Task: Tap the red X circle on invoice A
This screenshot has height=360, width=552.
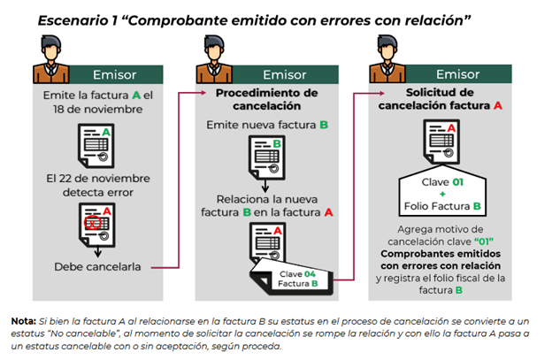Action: click(x=93, y=223)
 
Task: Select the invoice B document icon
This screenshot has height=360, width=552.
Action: click(x=267, y=157)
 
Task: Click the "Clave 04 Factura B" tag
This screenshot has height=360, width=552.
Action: click(x=292, y=277)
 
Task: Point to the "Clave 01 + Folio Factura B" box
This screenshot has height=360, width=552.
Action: click(x=442, y=191)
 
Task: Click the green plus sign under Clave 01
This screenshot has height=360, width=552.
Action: click(x=442, y=194)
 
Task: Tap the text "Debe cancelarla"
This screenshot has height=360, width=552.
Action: click(x=97, y=267)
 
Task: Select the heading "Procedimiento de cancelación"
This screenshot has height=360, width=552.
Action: click(x=267, y=99)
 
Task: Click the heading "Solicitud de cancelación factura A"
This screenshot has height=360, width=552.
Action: click(x=440, y=99)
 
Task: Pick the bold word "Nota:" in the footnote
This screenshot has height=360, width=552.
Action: click(x=24, y=321)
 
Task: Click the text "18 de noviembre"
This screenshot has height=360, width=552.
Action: click(x=97, y=110)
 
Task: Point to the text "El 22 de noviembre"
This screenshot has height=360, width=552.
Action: click(x=98, y=179)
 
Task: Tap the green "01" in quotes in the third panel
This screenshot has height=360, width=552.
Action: click(x=484, y=241)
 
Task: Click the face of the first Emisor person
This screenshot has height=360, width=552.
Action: click(x=51, y=53)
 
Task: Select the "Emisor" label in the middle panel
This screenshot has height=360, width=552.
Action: click(x=285, y=74)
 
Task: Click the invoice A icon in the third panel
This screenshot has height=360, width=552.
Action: click(x=441, y=142)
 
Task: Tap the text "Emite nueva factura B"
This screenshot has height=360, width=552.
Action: click(x=267, y=125)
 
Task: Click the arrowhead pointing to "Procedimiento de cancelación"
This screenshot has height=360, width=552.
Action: click(x=203, y=93)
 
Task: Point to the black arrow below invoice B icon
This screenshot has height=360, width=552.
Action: click(x=265, y=186)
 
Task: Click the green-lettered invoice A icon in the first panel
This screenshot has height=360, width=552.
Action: click(x=96, y=146)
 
